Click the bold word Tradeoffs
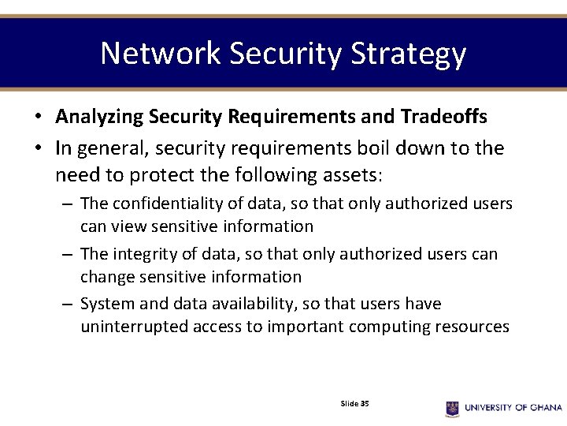443,117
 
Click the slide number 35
365,403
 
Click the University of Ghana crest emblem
452,408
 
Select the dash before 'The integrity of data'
69,255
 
